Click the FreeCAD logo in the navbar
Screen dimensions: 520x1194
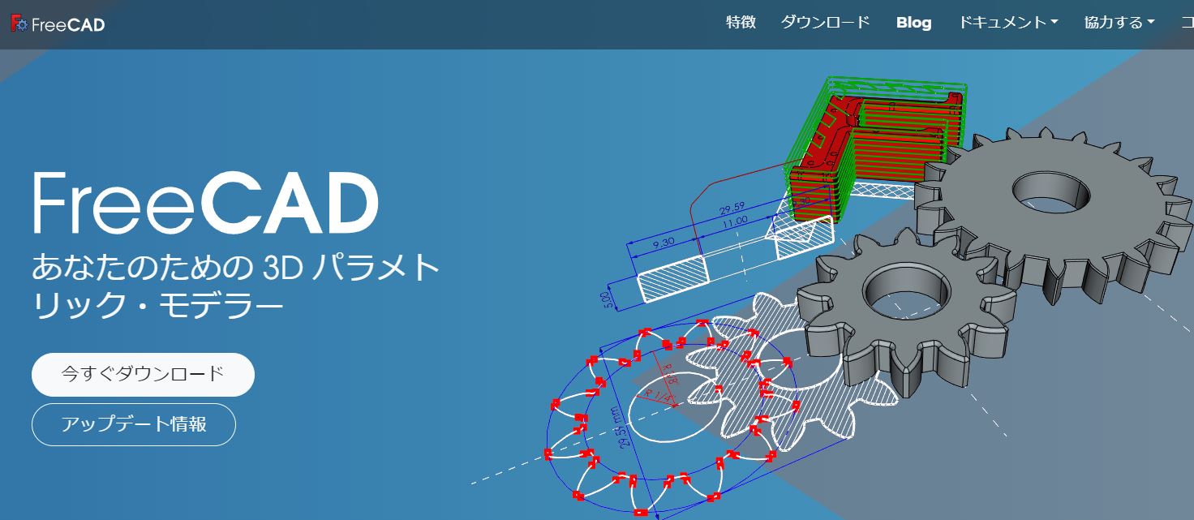point(58,24)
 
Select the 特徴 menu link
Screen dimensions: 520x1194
point(741,23)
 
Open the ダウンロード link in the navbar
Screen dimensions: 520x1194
point(825,23)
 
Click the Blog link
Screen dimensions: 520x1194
point(913,23)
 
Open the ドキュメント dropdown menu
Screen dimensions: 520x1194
point(1007,23)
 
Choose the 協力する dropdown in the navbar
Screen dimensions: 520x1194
point(1119,23)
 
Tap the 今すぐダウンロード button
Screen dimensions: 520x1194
point(143,374)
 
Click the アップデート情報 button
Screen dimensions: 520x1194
point(134,424)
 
